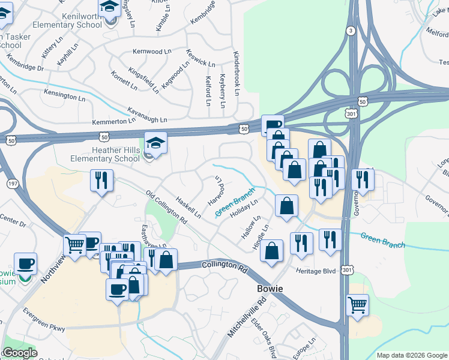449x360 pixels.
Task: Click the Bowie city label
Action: pos(270,289)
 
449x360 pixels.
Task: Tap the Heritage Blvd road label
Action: pos(315,271)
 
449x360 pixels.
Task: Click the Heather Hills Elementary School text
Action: pos(100,154)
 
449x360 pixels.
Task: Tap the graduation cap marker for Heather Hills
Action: pos(155,144)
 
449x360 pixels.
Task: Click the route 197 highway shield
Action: pos(11,182)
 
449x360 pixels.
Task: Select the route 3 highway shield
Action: pos(351,30)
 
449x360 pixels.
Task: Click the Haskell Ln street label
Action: pos(188,206)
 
